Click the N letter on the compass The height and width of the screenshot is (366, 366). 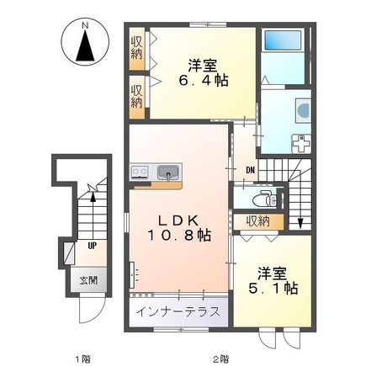(85, 26)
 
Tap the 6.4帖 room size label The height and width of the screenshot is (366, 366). (204, 81)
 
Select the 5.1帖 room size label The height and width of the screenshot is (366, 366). (273, 288)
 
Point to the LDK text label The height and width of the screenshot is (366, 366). (178, 220)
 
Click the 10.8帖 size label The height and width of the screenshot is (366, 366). (178, 235)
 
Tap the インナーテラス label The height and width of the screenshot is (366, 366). (178, 312)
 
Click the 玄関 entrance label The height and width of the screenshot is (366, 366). (88, 280)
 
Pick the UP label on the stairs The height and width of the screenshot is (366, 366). (93, 247)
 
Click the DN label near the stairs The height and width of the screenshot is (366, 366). (250, 170)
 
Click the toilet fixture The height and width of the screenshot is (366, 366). (264, 199)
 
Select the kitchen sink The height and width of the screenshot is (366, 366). (168, 172)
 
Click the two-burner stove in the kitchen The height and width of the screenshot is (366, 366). (140, 172)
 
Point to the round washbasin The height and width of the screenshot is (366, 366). (304, 110)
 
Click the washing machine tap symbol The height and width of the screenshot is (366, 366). (301, 144)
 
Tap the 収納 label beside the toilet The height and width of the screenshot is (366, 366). (258, 221)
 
